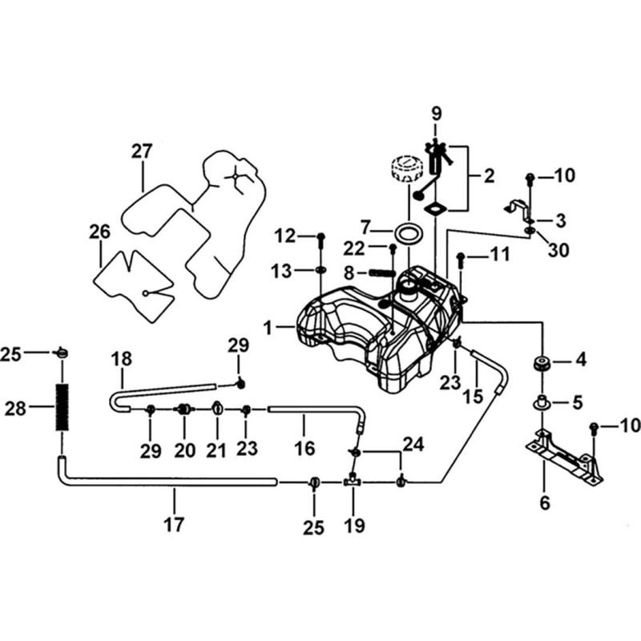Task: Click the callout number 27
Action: click(x=142, y=151)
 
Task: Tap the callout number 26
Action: click(x=99, y=232)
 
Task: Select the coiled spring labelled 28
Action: click(x=62, y=407)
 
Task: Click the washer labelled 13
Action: click(x=320, y=270)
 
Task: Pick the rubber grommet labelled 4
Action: click(x=542, y=364)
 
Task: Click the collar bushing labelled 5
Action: click(x=542, y=402)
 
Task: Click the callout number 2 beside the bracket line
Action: click(x=489, y=175)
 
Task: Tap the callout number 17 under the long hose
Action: click(x=174, y=525)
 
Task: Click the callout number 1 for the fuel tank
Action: click(x=268, y=328)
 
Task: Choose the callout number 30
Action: click(x=558, y=249)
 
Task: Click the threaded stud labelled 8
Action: click(x=382, y=272)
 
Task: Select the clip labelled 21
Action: click(x=217, y=408)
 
